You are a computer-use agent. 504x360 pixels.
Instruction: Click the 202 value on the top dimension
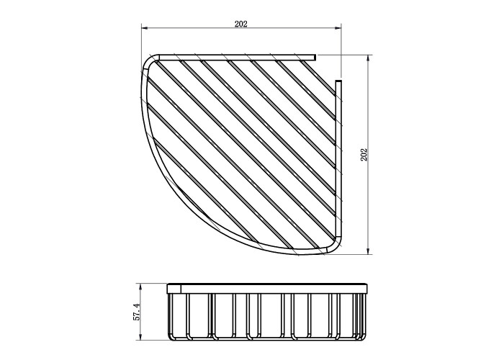click(240, 24)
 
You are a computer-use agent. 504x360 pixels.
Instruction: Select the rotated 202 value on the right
click(364, 155)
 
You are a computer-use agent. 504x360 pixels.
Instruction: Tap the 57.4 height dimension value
click(138, 312)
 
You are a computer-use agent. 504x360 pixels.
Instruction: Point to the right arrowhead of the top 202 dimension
click(338, 28)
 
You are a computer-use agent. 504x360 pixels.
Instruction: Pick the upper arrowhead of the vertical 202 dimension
click(369, 58)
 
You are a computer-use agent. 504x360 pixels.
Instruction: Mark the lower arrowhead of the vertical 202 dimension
click(369, 252)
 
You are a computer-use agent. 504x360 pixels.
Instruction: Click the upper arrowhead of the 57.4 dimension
click(140, 286)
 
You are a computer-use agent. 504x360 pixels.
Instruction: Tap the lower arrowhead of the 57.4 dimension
click(140, 337)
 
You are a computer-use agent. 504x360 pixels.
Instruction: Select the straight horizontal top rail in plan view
click(237, 58)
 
